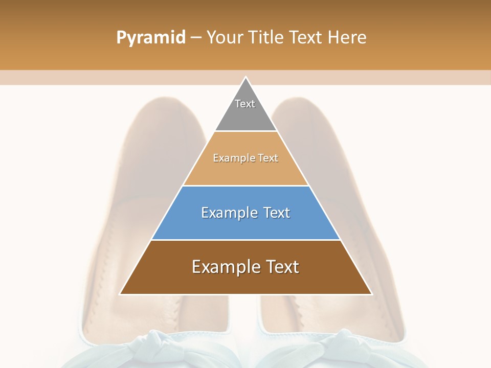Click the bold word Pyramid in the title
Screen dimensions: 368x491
(x=151, y=38)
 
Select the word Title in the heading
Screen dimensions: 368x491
(x=269, y=38)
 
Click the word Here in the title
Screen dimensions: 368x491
(x=347, y=38)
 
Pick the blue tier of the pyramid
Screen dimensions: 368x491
(x=245, y=225)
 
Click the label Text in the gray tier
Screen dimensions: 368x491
(x=245, y=104)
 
